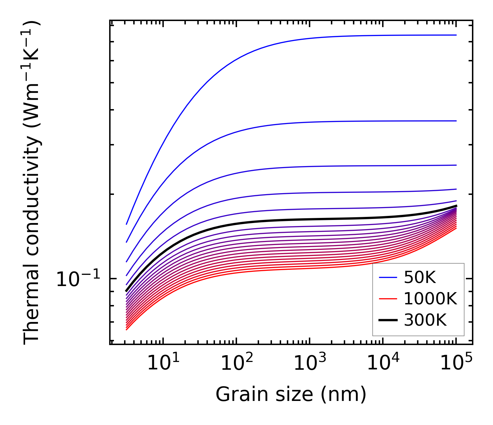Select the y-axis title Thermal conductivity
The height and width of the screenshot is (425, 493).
pyautogui.click(x=32, y=183)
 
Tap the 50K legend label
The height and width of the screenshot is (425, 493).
pyautogui.click(x=420, y=278)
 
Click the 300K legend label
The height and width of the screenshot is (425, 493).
pyautogui.click(x=425, y=320)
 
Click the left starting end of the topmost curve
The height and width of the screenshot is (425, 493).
pyautogui.click(x=126, y=224)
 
